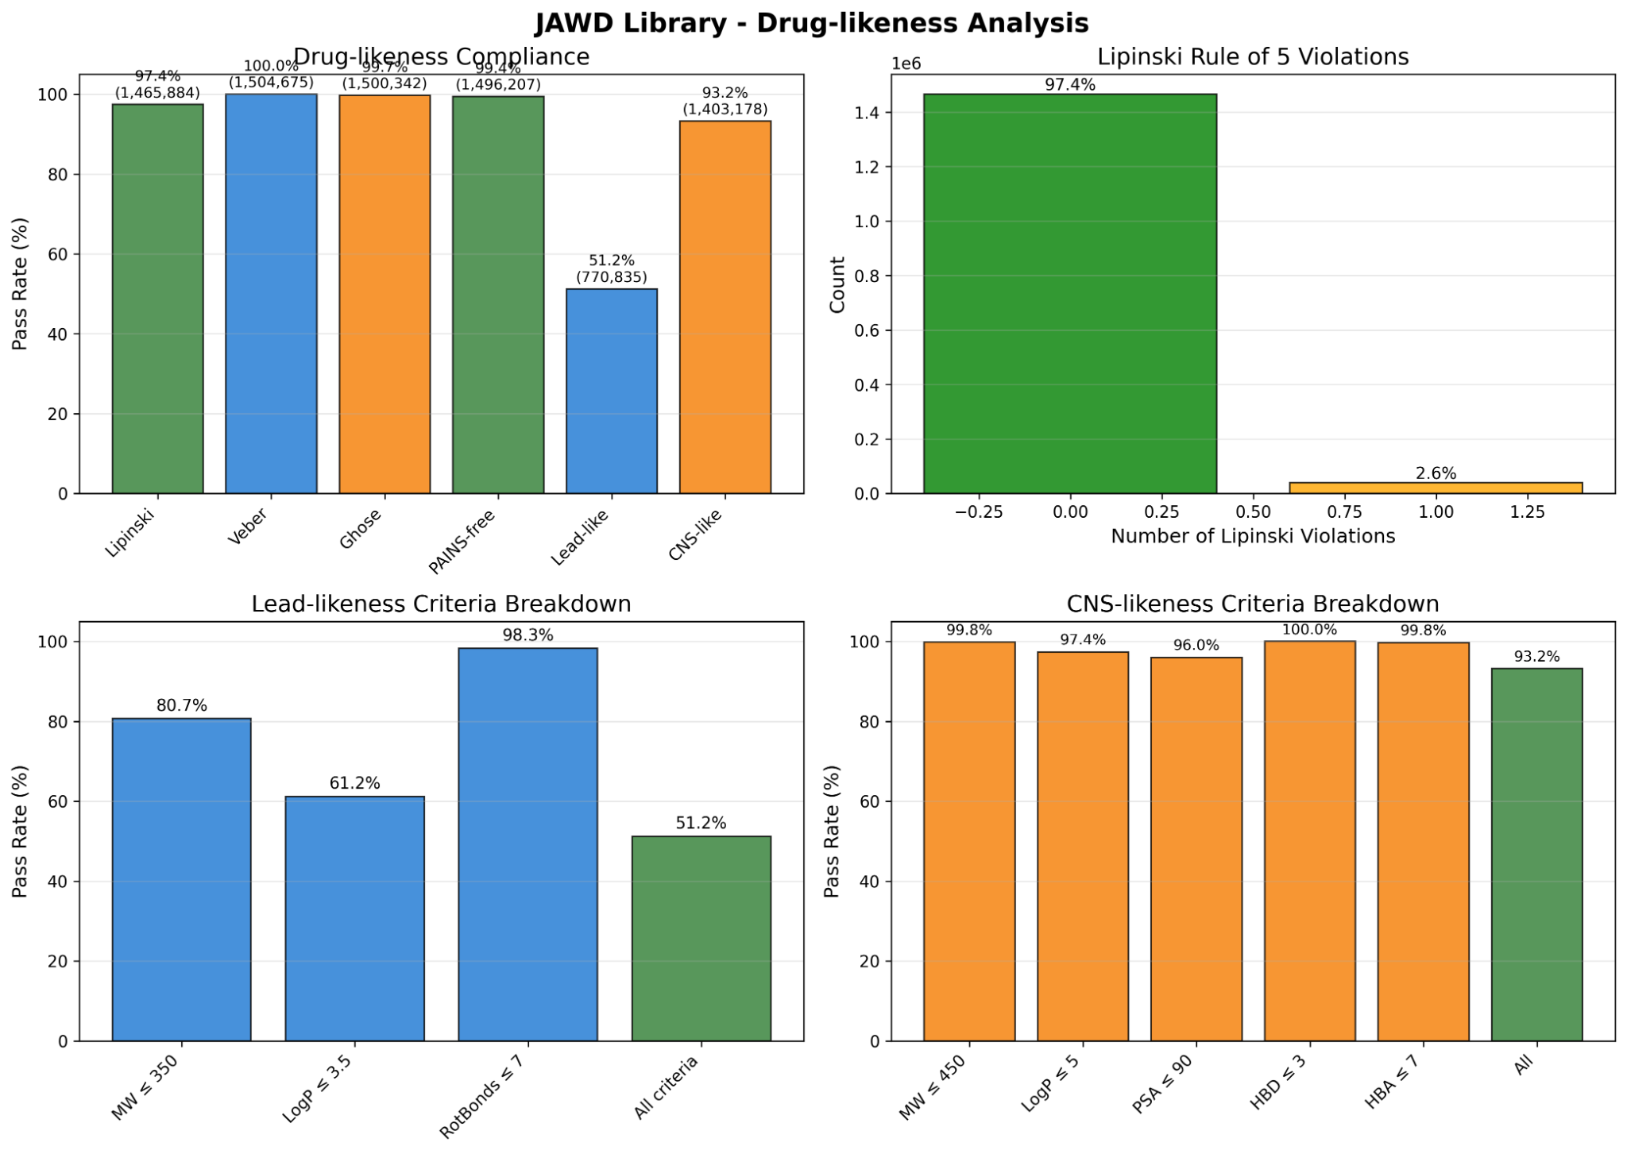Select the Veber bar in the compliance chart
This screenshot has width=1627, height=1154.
[271, 294]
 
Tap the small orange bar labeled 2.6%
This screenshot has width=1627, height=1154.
[1436, 488]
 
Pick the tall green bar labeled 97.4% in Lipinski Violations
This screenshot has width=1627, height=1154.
[1069, 294]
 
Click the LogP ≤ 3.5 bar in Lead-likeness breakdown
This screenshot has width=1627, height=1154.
[354, 918]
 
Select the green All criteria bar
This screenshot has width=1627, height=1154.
[701, 938]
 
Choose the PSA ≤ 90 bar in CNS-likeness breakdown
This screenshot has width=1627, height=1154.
[1196, 849]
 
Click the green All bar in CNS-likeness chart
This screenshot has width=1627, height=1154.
[1536, 855]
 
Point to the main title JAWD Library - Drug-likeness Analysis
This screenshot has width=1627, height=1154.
[811, 23]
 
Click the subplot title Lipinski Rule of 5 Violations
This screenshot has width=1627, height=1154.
[1252, 57]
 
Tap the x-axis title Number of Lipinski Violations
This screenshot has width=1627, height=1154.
[1252, 537]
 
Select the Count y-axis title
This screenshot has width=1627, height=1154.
[837, 284]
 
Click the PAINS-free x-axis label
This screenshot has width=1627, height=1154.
[462, 542]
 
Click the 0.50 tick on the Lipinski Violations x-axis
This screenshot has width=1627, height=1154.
[1253, 513]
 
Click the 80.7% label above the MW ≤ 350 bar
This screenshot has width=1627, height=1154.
[181, 705]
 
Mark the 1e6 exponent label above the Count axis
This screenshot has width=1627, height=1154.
[906, 64]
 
